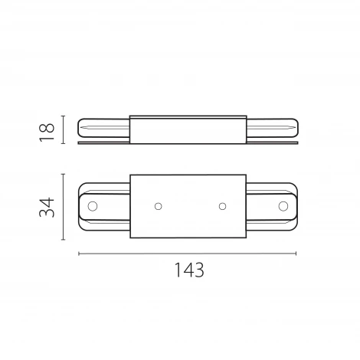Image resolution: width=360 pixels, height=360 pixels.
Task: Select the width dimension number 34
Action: coord(47,207)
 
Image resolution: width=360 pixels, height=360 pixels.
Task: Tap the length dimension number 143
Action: coord(187,270)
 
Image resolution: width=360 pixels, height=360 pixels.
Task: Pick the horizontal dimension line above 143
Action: coord(187,254)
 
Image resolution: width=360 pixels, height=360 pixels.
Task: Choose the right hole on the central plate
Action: coord(222,207)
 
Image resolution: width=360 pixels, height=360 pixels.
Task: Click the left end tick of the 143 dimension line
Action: coord(79,254)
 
